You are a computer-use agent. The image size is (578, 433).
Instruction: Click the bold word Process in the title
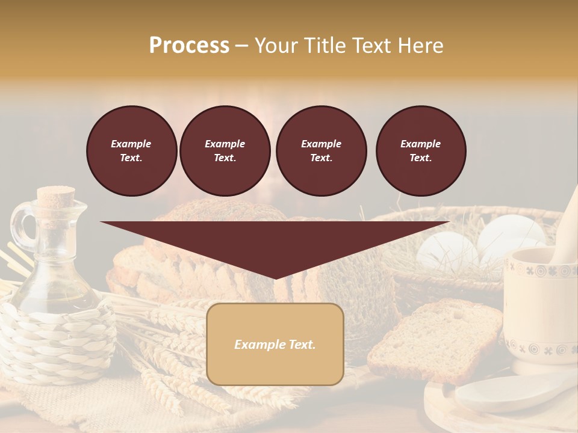coord(189,46)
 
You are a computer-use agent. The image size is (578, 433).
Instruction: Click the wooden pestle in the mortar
coord(567,229)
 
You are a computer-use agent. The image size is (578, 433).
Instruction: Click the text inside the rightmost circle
coord(421,151)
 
